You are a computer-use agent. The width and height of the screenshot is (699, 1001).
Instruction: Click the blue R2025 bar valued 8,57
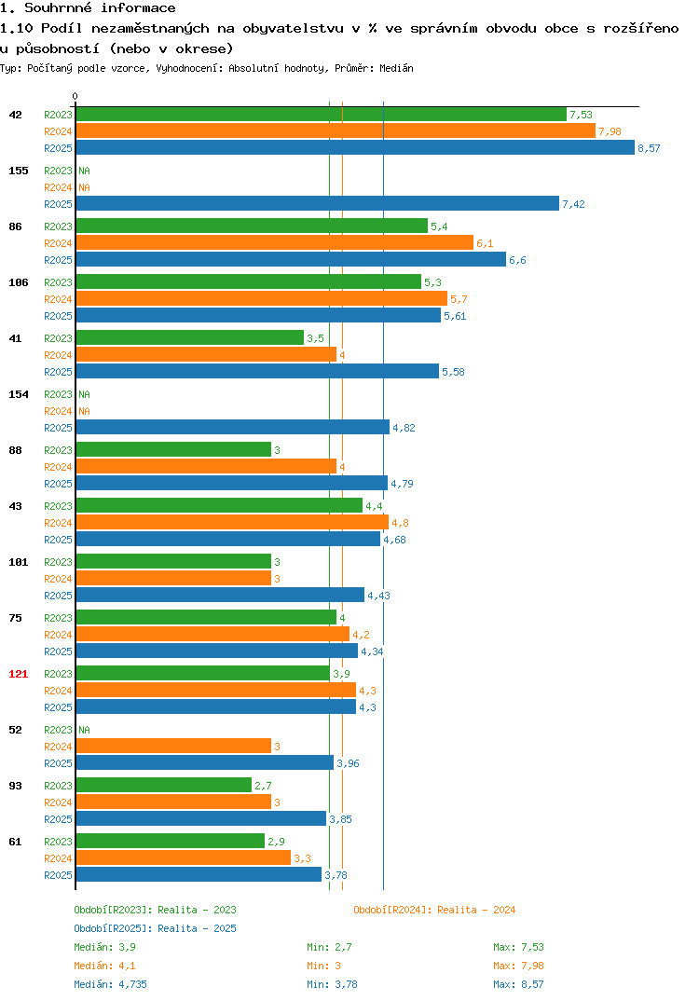(355, 147)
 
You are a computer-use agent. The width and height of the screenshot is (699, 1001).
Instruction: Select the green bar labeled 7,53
(322, 115)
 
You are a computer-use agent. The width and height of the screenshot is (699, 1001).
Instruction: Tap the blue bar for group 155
(317, 203)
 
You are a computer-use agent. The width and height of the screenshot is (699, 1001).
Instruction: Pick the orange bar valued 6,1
(275, 242)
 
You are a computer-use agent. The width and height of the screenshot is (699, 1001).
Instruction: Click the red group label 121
(19, 674)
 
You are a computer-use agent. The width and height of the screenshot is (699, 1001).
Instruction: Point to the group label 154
(19, 394)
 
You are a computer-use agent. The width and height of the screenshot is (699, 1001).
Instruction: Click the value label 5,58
(453, 372)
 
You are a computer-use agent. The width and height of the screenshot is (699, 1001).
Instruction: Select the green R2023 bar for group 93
(163, 785)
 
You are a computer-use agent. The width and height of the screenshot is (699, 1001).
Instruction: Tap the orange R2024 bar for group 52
(173, 746)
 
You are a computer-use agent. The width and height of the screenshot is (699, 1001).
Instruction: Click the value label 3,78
(336, 875)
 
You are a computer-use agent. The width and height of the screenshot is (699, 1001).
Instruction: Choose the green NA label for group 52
(84, 730)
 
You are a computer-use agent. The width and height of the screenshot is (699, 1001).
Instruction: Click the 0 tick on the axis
(75, 96)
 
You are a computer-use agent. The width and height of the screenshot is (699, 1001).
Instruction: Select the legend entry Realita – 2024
(434, 910)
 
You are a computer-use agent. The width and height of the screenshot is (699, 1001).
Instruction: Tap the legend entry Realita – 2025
(155, 928)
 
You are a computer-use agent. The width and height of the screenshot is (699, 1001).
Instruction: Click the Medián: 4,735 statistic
(110, 984)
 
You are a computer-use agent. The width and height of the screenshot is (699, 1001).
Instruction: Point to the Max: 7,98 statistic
(518, 966)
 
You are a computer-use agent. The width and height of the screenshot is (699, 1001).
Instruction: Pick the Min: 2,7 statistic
(329, 947)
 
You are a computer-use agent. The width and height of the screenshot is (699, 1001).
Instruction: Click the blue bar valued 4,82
(232, 427)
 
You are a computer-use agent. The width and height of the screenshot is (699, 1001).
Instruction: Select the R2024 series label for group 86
(58, 243)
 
